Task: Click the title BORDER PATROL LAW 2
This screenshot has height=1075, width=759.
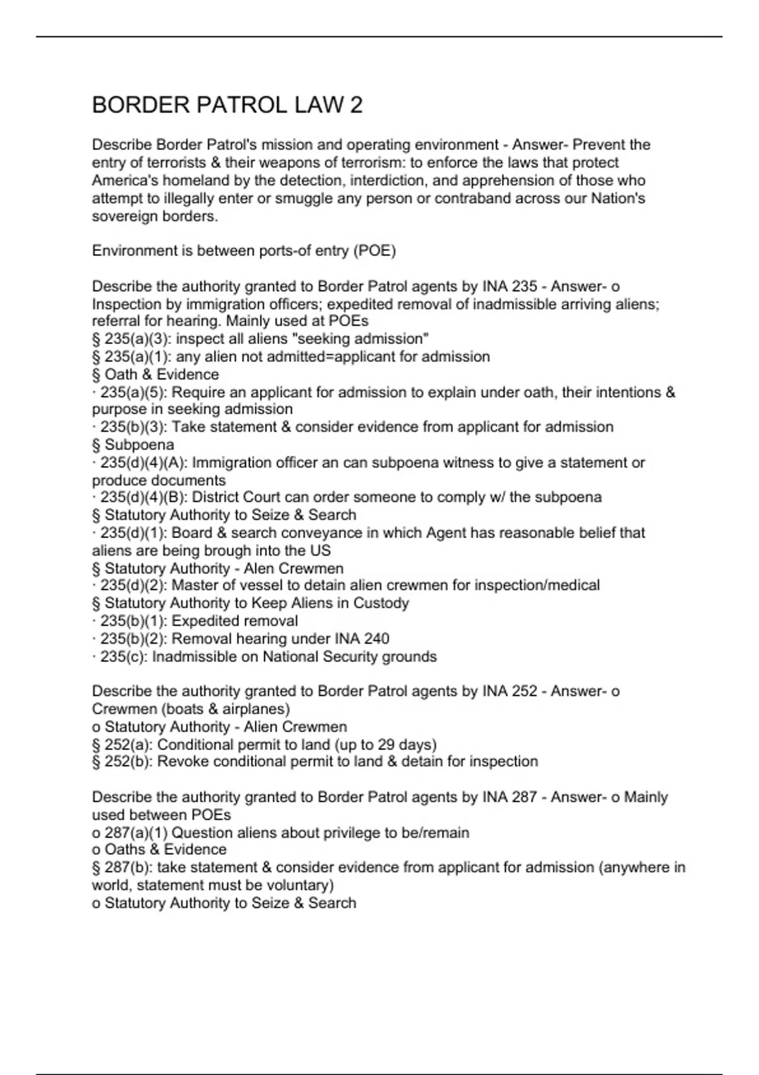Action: [x=227, y=105]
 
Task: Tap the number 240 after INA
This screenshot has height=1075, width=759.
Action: [x=376, y=639]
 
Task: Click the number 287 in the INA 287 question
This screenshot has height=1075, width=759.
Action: [x=524, y=797]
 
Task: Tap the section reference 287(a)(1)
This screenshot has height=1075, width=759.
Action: [x=136, y=833]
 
